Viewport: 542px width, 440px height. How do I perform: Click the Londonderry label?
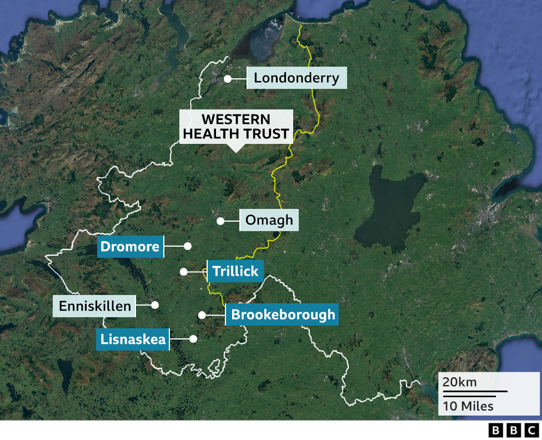[x=297, y=78]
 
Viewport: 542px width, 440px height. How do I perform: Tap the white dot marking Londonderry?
[x=228, y=79]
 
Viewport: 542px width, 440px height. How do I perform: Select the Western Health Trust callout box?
[x=236, y=127]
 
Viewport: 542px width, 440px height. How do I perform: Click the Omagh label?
[x=269, y=221]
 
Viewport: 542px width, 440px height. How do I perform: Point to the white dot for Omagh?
[x=220, y=221]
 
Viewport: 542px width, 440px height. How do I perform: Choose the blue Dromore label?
[x=130, y=247]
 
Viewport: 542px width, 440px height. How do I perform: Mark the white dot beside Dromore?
[x=188, y=246]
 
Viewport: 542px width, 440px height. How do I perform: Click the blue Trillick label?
[x=235, y=271]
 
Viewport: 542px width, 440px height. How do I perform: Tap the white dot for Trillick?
[x=183, y=272]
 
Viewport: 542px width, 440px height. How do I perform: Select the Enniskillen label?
[x=94, y=306]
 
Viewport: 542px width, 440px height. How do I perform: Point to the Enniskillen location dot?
[x=155, y=304]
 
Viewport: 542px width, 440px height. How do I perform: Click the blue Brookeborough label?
[x=283, y=315]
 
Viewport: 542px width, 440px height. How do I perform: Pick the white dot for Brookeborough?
[x=202, y=315]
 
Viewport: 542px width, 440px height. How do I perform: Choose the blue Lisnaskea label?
[x=133, y=339]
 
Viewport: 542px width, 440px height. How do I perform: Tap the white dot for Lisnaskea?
[x=193, y=338]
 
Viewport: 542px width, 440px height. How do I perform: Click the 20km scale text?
[x=459, y=382]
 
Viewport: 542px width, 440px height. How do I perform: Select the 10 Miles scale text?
[x=468, y=406]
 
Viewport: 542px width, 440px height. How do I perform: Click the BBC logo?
[x=514, y=430]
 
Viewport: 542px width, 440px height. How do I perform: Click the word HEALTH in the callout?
[x=212, y=134]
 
